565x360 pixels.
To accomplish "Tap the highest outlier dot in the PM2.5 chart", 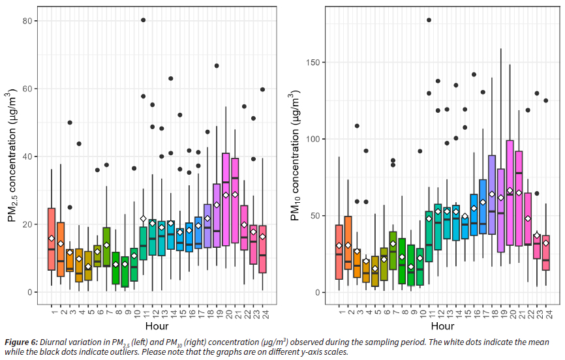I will coord(143,20).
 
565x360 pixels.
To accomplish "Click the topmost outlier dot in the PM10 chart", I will coord(429,20).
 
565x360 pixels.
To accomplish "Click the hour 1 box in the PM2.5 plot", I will coord(52,239).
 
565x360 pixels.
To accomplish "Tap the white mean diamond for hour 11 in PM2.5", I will coord(143,218).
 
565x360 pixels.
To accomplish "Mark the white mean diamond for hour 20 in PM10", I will coord(510,190).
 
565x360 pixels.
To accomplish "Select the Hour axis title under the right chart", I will coord(443,325).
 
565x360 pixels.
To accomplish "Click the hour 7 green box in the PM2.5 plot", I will coord(106,247).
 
